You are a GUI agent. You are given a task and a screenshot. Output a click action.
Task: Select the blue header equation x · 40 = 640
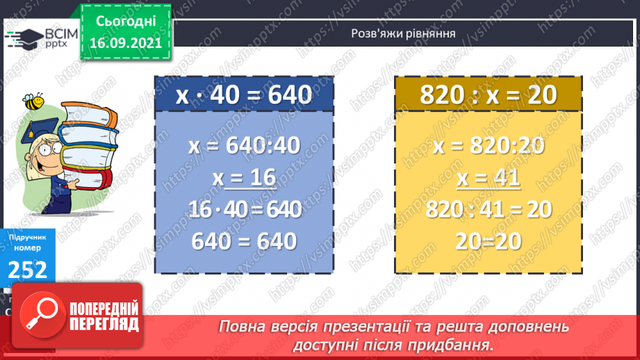[x=244, y=95]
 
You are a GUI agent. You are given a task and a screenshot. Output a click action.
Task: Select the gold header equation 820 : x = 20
[x=489, y=95]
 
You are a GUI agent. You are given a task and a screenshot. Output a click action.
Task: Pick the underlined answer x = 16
[x=244, y=179]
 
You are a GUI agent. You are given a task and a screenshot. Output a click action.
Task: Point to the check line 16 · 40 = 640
[x=244, y=209]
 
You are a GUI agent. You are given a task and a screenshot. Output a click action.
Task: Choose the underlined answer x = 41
[x=489, y=179]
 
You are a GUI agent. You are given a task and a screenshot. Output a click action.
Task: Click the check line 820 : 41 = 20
[x=489, y=209]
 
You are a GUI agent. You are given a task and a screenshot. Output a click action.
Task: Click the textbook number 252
[x=28, y=268]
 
